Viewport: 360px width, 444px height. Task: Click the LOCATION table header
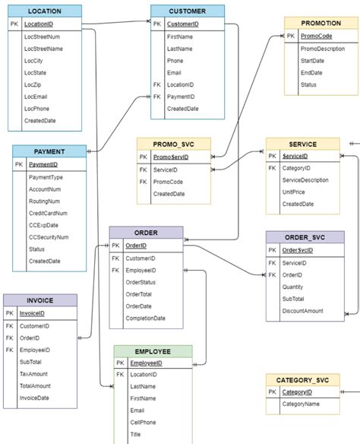coord(43,11)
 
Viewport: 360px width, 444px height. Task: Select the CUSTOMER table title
coord(187,11)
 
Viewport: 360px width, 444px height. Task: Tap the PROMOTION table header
coord(321,24)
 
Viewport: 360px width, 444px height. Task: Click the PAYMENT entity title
coord(49,151)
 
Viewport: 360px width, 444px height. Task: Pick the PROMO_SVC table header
coord(175,144)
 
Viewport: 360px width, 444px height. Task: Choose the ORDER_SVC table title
coord(304,237)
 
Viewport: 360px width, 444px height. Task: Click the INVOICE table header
coord(39,300)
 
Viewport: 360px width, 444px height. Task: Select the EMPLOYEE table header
coord(153,351)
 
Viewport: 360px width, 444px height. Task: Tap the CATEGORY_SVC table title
coord(302,379)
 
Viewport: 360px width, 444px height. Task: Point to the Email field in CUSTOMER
coord(175,73)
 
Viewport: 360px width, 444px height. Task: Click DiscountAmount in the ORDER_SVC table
coord(302,310)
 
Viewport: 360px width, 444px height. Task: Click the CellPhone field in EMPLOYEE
coord(145,422)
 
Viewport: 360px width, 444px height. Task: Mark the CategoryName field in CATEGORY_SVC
coord(301,404)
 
